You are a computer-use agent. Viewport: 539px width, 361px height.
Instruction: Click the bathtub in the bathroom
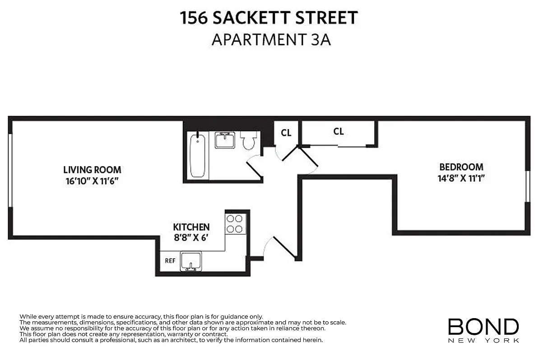[x=198, y=156]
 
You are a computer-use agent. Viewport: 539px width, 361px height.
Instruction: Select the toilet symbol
[x=249, y=140]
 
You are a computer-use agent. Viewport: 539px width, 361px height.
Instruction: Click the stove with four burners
[x=234, y=223]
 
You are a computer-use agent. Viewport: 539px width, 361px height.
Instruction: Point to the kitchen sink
[x=191, y=261]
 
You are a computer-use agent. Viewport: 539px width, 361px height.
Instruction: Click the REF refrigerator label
[x=170, y=260]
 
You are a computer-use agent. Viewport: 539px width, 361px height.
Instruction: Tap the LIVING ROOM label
[x=92, y=170]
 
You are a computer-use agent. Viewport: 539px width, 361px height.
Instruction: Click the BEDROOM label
[x=461, y=167]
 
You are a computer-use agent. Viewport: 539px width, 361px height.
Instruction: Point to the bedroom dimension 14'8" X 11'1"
[x=461, y=178]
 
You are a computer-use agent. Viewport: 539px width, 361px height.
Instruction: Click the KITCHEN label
[x=191, y=227]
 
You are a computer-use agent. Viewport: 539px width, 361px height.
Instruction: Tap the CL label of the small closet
[x=286, y=133]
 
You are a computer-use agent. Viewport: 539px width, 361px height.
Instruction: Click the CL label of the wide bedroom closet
[x=339, y=131]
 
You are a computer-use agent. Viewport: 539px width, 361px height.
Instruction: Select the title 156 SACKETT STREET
[x=269, y=18]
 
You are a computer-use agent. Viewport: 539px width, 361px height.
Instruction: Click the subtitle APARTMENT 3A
[x=271, y=39]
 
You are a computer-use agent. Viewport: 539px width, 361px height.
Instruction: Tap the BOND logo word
[x=483, y=326]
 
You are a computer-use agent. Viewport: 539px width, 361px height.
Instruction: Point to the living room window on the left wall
[x=10, y=171]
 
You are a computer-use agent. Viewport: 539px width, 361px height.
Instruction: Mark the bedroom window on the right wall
[x=527, y=186]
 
